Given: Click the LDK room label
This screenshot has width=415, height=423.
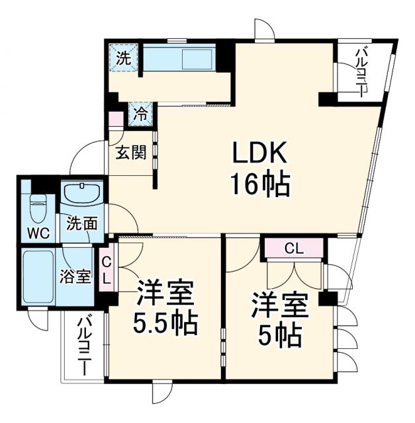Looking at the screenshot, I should [x=259, y=154].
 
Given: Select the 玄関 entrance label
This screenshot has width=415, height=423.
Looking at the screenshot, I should [x=130, y=153].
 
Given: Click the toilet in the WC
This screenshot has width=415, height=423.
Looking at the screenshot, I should [x=37, y=206].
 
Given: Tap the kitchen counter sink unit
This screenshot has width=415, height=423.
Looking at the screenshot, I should [x=179, y=58].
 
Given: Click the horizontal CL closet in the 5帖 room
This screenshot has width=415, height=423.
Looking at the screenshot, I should [x=294, y=249].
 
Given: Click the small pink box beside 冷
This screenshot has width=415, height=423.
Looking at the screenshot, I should [x=116, y=120].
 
